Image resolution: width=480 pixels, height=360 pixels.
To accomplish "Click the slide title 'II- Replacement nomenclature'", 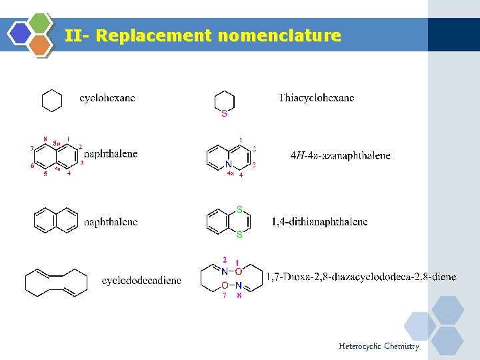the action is pos(203,35).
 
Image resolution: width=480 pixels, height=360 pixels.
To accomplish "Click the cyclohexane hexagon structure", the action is pos(52,101).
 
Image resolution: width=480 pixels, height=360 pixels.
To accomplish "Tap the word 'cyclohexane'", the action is pos(107,98).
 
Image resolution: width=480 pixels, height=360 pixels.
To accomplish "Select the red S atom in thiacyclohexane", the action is pos(224,114).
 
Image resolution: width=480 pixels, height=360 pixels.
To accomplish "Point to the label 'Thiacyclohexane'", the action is pos(316,98).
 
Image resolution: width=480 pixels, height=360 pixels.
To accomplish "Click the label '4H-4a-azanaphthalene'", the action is pos(340,155).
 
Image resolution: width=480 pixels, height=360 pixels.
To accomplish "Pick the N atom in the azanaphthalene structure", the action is pos(229,164).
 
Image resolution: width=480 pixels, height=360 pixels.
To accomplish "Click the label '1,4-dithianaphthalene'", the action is pos(319,221).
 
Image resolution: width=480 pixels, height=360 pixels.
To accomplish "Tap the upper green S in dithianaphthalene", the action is pos(239,209).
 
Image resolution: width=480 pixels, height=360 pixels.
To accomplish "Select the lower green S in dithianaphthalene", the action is pos(239,235).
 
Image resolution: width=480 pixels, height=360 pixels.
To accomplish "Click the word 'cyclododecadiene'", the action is pos(141,281).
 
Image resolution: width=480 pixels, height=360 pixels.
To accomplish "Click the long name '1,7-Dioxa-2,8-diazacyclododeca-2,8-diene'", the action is pos(361,276).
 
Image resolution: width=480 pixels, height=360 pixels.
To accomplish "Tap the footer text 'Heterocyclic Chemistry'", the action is pos(379,346).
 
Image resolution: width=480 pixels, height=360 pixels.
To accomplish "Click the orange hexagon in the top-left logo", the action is pos(41,45).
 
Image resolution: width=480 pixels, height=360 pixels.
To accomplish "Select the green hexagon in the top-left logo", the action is pos(41,23).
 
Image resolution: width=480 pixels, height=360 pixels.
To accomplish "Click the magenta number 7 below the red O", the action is pos(225,295).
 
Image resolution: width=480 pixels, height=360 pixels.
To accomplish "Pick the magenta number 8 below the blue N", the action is pos(239,295).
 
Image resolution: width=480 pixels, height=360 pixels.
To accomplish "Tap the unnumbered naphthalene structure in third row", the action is pos(56,221).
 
